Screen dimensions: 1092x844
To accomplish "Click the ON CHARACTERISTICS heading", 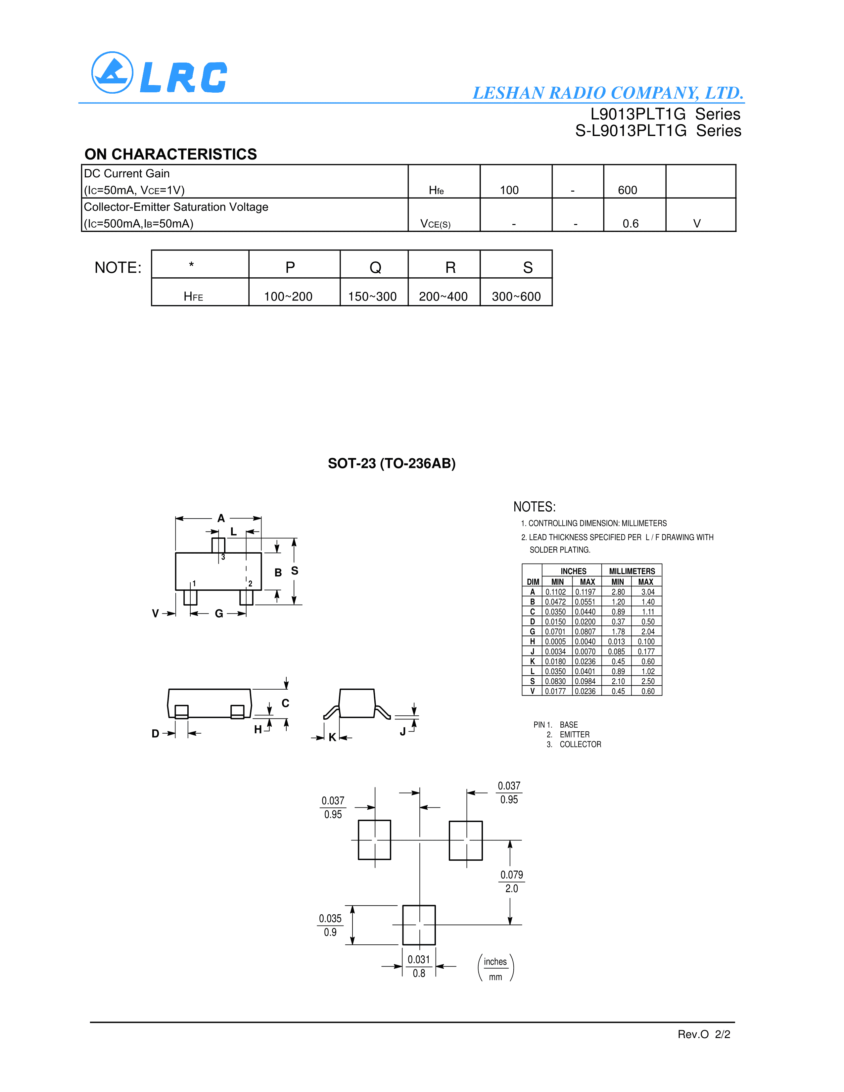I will [170, 154].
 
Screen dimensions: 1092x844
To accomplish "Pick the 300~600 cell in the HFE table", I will [516, 296].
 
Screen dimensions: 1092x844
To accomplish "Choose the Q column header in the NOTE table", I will [375, 267].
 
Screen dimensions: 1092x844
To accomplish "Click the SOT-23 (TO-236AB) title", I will [392, 464].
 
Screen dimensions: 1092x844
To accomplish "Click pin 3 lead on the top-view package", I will [218, 545].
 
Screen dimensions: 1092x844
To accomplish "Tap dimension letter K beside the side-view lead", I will [332, 737].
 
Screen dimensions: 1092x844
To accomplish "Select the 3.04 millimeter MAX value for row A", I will [647, 592].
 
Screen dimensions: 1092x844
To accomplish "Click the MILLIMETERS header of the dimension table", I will [632, 571].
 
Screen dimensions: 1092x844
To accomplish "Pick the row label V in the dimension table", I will [533, 691].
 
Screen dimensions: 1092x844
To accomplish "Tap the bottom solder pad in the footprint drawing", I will [419, 925].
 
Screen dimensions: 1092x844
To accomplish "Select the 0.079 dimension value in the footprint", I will [511, 875].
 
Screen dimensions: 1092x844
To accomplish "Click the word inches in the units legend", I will [495, 962].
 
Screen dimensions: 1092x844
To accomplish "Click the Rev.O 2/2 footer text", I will [704, 1034].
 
